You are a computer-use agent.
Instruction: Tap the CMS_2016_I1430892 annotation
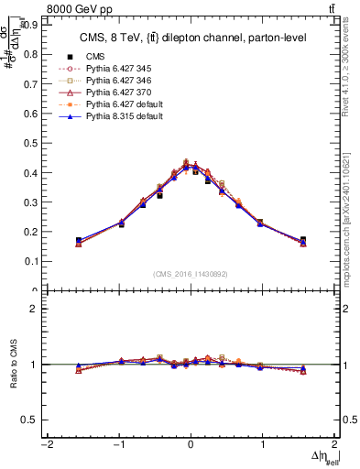[x=191, y=274]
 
